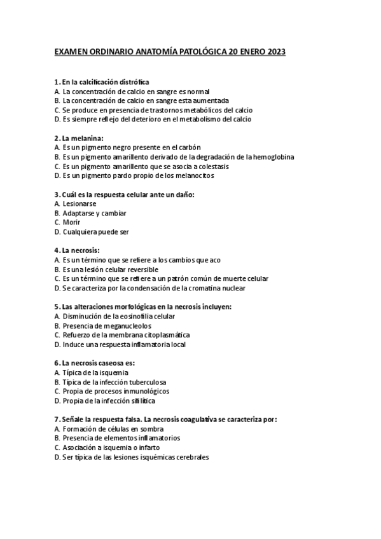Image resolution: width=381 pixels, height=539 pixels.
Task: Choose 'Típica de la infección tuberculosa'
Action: pyautogui.click(x=114, y=382)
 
